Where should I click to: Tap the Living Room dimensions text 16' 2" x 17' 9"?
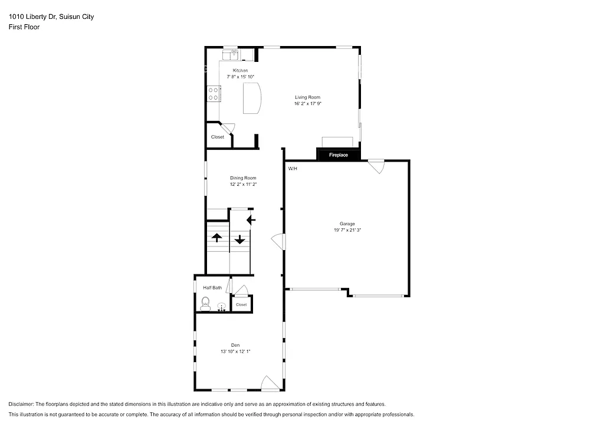[308, 104]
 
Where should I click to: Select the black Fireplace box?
[339, 155]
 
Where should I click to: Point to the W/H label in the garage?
[293, 169]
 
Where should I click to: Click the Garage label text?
[347, 224]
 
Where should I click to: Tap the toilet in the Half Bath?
[205, 303]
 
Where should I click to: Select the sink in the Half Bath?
[222, 307]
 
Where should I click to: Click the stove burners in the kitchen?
[214, 93]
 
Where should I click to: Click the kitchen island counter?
[252, 98]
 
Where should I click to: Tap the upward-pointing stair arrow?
[216, 237]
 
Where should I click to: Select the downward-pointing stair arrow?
[239, 239]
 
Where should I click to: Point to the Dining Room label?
[243, 178]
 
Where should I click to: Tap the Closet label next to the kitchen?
[218, 137]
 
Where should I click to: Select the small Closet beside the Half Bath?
[242, 304]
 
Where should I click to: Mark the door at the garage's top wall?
[375, 166]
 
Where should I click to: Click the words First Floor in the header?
[24, 27]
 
